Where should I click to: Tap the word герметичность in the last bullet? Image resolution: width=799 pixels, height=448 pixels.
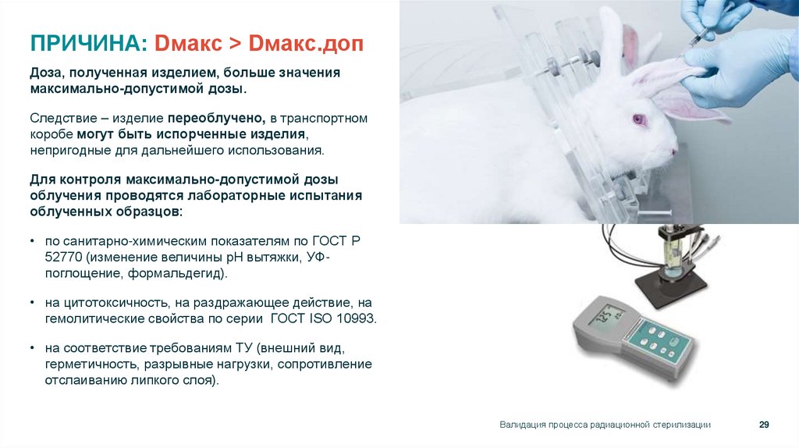(87, 364)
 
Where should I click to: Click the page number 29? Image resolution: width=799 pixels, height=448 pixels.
(764, 425)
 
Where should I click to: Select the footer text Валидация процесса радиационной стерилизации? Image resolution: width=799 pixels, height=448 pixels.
(605, 425)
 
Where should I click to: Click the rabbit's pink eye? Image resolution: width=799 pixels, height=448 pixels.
(640, 119)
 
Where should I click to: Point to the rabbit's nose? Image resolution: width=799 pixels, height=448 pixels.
(673, 153)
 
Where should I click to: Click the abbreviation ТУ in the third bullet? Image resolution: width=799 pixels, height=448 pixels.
(244, 349)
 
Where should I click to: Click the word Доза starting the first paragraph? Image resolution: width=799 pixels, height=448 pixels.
(46, 73)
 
